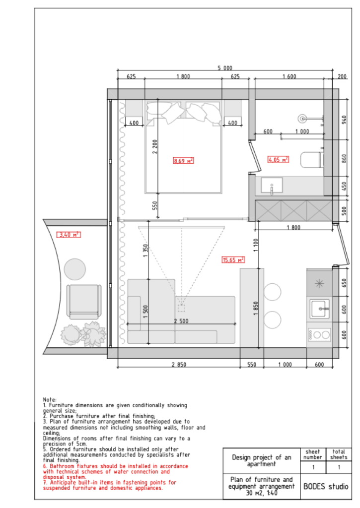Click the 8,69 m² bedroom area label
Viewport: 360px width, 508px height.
coord(183,160)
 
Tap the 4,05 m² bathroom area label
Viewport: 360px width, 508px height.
coord(278,159)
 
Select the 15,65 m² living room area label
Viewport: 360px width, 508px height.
coord(233,260)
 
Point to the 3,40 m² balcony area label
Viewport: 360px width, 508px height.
coord(69,235)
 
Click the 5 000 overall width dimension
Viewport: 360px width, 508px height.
coord(225,67)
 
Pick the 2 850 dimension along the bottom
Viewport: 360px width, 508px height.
coord(179,365)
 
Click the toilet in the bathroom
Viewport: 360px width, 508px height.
coord(312,160)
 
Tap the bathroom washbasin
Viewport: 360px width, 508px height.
coord(272,186)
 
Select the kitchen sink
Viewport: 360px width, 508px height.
coord(319,309)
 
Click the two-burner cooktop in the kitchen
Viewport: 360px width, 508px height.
coord(319,335)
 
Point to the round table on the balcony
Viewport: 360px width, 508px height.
coord(75,269)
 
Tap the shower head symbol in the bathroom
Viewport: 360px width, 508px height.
coord(302,119)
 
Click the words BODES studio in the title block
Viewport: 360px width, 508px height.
coord(326,486)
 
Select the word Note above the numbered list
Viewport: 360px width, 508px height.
coord(49,399)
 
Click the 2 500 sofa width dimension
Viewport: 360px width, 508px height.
coord(181,321)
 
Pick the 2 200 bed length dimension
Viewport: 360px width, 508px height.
coord(155,146)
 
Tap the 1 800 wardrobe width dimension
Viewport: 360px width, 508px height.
coord(293,227)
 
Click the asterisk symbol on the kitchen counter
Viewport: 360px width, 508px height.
coord(319,284)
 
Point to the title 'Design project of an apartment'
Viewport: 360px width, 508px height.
coord(261,460)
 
